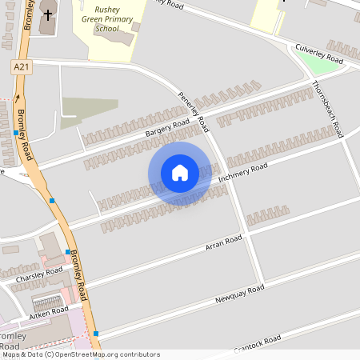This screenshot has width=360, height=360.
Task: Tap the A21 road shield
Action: coord(22,68)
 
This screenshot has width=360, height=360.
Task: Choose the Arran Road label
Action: coord(223,242)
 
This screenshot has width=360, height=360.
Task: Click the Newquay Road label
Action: coord(239,294)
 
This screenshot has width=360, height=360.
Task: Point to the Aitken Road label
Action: coord(50,310)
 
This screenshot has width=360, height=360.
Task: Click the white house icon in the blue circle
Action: coord(180,172)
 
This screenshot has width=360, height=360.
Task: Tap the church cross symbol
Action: coord(47,14)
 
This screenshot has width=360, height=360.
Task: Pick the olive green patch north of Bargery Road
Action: coord(90,107)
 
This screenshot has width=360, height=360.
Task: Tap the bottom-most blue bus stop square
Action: coord(96,333)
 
